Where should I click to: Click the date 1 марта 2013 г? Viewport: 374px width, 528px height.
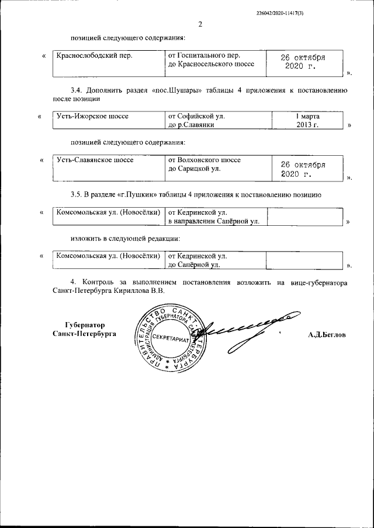tap(307, 120)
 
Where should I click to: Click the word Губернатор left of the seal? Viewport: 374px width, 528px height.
tap(84, 324)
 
